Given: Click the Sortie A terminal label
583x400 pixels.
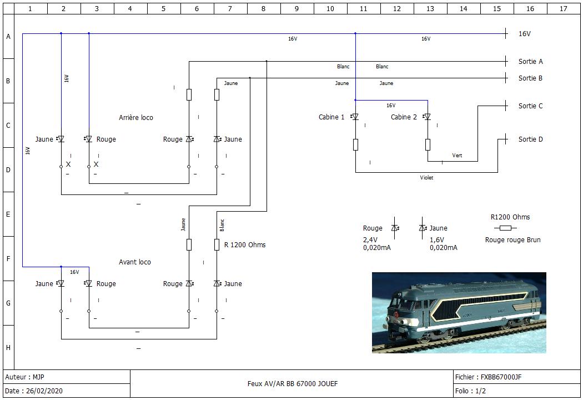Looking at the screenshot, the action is pyautogui.click(x=531, y=62).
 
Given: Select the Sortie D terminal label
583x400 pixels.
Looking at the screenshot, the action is pyautogui.click(x=531, y=139).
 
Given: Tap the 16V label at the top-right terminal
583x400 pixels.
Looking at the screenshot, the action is pyautogui.click(x=525, y=34).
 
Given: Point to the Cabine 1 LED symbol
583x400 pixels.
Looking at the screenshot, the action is pyautogui.click(x=355, y=117).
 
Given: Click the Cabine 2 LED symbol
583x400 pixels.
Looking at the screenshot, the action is pyautogui.click(x=428, y=117).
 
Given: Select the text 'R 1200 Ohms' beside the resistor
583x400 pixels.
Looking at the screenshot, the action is pyautogui.click(x=245, y=245).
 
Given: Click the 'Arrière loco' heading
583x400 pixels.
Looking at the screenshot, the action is pyautogui.click(x=135, y=118).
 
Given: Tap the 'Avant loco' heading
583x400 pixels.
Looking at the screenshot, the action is pyautogui.click(x=134, y=262).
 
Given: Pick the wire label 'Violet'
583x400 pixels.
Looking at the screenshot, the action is pyautogui.click(x=426, y=178).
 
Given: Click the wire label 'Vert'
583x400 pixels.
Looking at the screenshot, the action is pyautogui.click(x=457, y=156).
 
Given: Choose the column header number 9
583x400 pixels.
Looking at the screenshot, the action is pyautogui.click(x=296, y=8).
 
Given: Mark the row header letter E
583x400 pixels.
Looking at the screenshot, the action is pyautogui.click(x=8, y=214).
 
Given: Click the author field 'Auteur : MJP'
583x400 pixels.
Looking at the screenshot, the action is pyautogui.click(x=24, y=377).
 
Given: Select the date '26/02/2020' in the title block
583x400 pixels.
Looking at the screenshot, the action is pyautogui.click(x=44, y=391).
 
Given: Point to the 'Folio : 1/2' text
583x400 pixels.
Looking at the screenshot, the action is pyautogui.click(x=470, y=391).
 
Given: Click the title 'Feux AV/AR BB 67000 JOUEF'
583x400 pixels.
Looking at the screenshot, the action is pyautogui.click(x=293, y=384).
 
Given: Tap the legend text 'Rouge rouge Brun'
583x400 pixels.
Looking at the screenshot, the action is pyautogui.click(x=512, y=240).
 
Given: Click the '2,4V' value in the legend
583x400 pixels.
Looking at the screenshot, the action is pyautogui.click(x=370, y=240).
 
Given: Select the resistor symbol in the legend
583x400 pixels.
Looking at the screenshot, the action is pyautogui.click(x=505, y=228).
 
